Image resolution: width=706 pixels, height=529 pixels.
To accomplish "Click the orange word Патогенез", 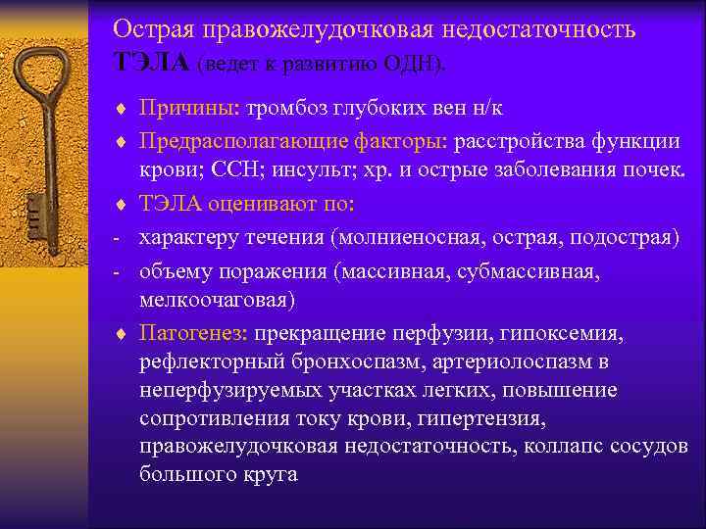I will coord(192,335).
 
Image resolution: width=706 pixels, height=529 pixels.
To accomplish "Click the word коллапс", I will coord(564,447).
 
